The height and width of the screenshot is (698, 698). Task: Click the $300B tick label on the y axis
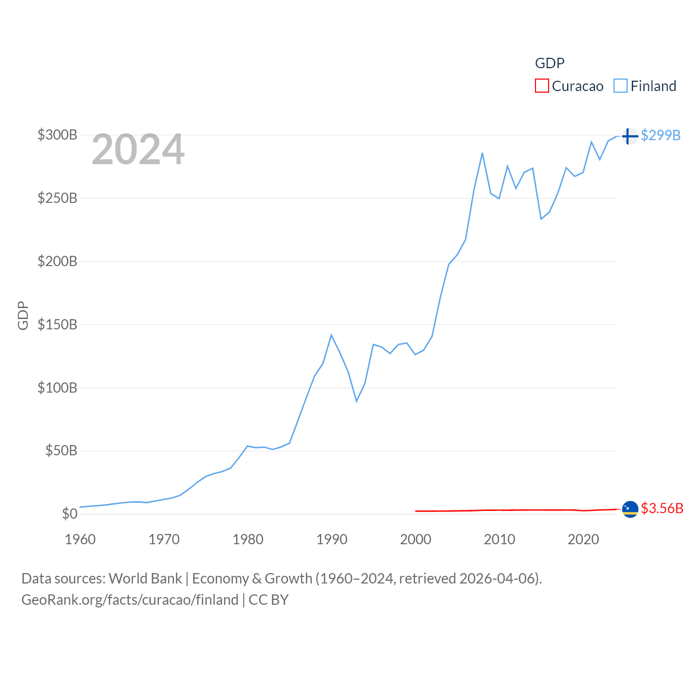57,135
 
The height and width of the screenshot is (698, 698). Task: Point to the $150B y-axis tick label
57,324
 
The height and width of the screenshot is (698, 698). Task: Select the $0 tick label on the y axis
69,514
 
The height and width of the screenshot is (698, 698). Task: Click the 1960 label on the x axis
80,539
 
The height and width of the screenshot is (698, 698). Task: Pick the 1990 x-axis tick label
332,539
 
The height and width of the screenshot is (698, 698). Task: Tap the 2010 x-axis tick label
500,539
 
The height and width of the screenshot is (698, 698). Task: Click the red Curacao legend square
541,86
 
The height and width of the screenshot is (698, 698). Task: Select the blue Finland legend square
621,86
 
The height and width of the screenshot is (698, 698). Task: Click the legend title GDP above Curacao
550,63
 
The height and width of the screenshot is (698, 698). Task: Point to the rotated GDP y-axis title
23,316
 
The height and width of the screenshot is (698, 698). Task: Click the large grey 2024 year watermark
138,149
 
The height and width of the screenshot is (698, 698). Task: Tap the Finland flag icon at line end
630,136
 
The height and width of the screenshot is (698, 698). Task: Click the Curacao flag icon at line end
630,509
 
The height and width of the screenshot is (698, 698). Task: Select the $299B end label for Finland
660,135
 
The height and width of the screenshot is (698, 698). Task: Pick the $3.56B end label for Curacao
662,508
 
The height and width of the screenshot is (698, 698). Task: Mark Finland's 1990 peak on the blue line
331,335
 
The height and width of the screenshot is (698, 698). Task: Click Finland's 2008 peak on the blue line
483,153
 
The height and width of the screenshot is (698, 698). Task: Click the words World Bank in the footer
146,578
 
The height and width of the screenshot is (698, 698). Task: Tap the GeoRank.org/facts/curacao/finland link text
130,600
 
